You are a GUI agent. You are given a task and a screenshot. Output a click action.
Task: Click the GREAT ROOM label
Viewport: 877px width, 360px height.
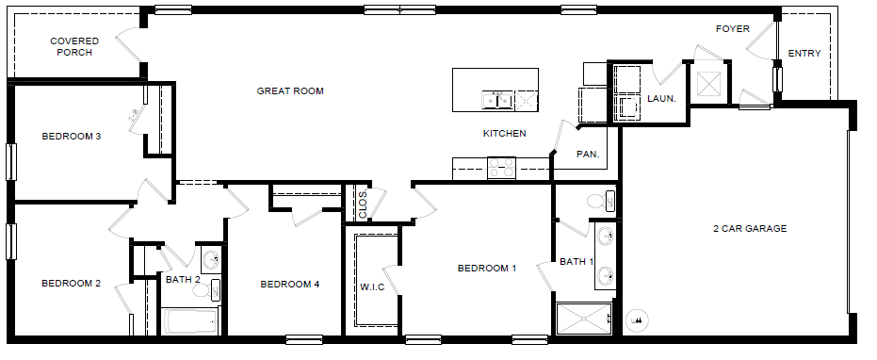point(290,91)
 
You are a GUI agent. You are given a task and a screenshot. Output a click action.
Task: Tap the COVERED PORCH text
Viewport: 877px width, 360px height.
point(72,47)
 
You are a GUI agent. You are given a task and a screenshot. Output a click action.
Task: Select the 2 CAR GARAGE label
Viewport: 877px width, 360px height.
point(749,228)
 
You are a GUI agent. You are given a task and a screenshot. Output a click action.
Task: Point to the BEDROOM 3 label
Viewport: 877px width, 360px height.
point(71,137)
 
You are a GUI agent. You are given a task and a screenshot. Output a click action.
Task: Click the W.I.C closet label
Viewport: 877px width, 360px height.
point(371,286)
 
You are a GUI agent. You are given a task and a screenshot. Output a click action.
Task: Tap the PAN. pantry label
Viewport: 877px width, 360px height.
point(588,153)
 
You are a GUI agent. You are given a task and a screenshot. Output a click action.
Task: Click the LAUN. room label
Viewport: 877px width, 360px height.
point(660,97)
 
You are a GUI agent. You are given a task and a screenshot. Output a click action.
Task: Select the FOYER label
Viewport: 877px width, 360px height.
point(732,29)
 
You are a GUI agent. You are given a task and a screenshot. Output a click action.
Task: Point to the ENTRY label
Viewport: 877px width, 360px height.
point(804,54)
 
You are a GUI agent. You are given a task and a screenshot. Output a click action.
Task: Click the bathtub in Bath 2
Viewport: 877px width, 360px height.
point(191,321)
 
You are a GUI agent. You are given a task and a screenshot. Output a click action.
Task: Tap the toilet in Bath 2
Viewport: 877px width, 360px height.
point(216,288)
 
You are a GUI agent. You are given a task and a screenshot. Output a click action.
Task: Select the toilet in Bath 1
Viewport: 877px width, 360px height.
point(597,201)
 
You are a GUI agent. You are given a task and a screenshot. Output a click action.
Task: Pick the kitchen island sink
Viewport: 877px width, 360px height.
point(494,98)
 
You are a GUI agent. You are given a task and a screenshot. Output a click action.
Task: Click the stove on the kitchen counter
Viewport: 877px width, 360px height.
point(500,168)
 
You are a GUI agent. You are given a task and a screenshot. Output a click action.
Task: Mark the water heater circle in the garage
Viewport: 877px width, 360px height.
point(638,320)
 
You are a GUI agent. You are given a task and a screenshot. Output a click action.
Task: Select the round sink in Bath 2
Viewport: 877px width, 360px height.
point(209,259)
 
